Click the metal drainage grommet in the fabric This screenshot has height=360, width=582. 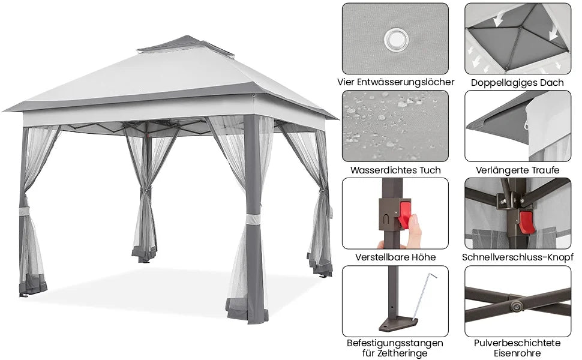(x=396, y=40)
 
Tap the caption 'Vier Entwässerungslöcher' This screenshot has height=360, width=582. (x=395, y=82)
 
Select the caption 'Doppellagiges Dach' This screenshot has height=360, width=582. (x=517, y=82)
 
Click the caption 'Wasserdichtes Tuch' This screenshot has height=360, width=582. (x=395, y=170)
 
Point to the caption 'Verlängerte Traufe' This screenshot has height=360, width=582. (x=517, y=170)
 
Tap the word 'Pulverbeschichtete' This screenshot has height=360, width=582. (x=517, y=343)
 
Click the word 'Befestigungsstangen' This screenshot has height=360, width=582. (x=395, y=343)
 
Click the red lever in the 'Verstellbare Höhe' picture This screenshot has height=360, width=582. (x=405, y=215)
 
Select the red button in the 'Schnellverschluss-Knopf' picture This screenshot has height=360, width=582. (x=527, y=222)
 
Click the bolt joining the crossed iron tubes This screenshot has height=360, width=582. (x=516, y=305)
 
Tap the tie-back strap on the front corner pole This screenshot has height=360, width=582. (x=253, y=219)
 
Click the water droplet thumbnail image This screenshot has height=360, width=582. (x=395, y=126)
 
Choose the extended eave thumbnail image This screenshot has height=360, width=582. (x=517, y=126)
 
